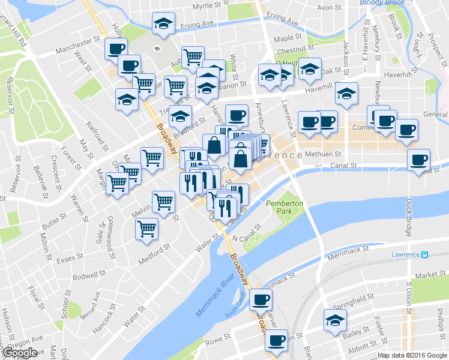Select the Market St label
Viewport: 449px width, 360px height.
pos(430,275)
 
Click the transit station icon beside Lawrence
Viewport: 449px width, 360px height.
pos(424,254)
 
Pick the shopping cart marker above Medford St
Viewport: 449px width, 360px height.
pos(146,229)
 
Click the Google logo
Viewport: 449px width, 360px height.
pos(19,353)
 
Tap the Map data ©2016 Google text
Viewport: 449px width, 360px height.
pos(412,355)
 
